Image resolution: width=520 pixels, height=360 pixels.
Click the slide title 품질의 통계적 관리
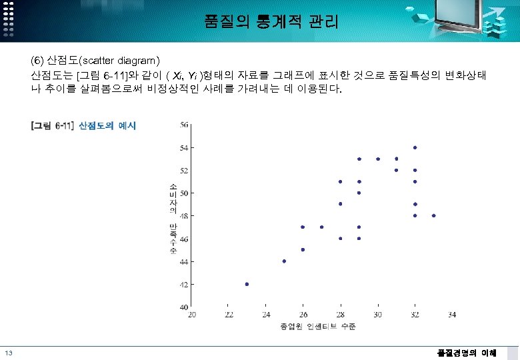271,22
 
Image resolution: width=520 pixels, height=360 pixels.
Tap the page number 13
8,353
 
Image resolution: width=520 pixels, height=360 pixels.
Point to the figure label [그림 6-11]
53,125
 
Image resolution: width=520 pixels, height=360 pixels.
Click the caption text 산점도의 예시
107,125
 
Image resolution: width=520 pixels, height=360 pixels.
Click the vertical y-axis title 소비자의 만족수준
173,218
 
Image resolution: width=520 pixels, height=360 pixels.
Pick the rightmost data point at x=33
433,215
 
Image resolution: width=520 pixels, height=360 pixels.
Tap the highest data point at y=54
415,147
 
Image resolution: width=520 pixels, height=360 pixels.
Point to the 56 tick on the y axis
184,124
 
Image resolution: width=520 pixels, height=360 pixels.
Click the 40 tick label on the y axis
184,307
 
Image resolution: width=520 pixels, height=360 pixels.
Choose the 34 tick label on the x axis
452,315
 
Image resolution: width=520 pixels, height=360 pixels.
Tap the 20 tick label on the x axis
192,315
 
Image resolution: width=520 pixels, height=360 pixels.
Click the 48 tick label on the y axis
184,215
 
